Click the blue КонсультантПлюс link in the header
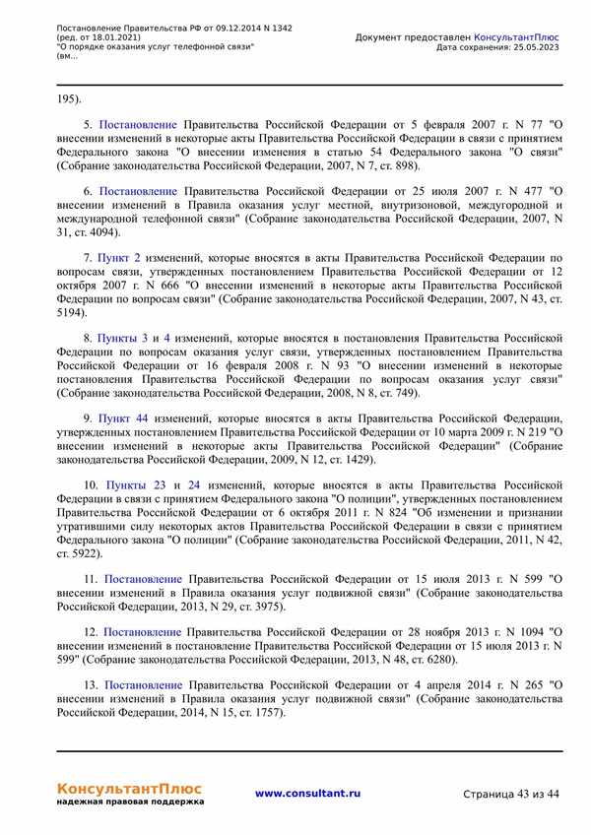click(517, 36)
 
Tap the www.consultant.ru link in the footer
click(307, 793)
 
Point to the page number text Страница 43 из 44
click(510, 794)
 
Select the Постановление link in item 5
click(138, 125)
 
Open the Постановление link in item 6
click(138, 190)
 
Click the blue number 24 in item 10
click(194, 484)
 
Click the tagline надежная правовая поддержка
click(130, 803)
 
